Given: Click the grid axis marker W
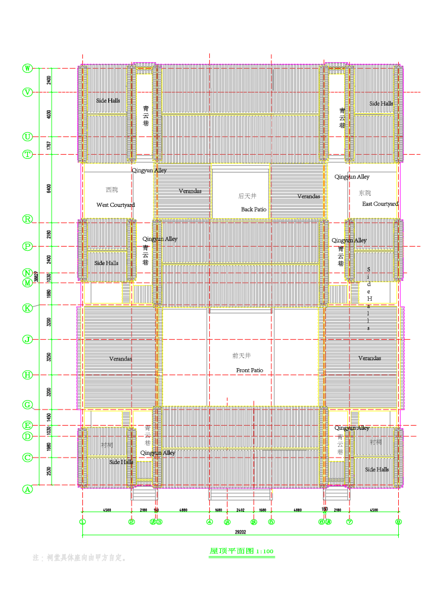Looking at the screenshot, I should pyautogui.click(x=27, y=68).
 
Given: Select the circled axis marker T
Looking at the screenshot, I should pyautogui.click(x=27, y=154).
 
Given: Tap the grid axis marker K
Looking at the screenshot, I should pyautogui.click(x=27, y=308).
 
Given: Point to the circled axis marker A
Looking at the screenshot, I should pyautogui.click(x=27, y=490).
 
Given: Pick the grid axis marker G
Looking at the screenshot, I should pyautogui.click(x=27, y=405).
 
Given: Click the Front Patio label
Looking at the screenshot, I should pyautogui.click(x=249, y=370).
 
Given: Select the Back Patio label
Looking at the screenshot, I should pyautogui.click(x=254, y=210).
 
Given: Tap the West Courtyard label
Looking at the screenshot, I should pyautogui.click(x=116, y=205).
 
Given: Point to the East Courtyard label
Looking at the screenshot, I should pyautogui.click(x=380, y=204).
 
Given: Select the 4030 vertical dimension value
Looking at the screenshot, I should pyautogui.click(x=49, y=114).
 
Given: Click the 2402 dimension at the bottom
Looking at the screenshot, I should pyautogui.click(x=240, y=510).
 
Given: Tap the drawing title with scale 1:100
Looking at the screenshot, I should pyautogui.click(x=241, y=551).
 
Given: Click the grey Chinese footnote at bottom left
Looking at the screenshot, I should pyautogui.click(x=79, y=558).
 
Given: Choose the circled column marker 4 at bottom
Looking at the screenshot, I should pyautogui.click(x=209, y=522).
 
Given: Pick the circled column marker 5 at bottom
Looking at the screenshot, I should pyautogui.click(x=271, y=522).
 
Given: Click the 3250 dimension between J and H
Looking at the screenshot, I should pyautogui.click(x=49, y=357).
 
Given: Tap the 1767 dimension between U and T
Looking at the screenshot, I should pyautogui.click(x=49, y=145).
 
